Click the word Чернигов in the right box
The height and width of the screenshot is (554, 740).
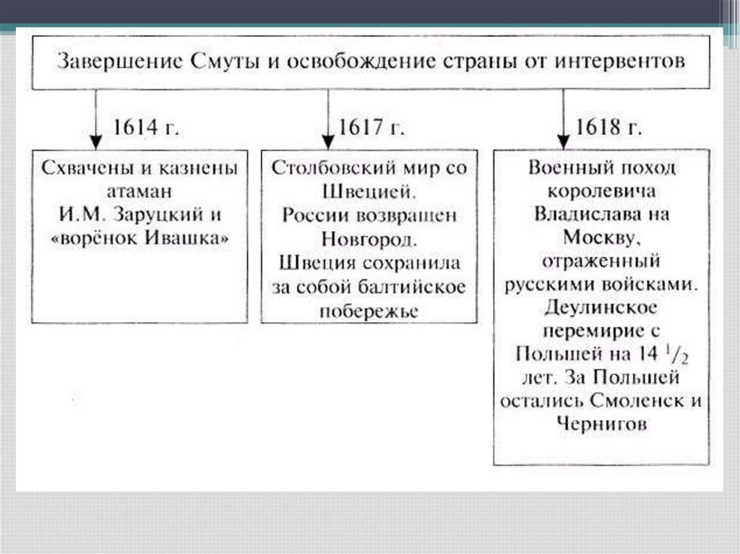601,425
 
